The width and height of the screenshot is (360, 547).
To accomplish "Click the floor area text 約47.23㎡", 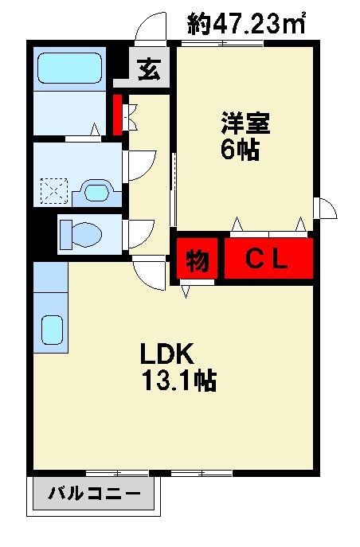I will [x=247, y=23].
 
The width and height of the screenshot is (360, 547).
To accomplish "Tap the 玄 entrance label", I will [x=149, y=69].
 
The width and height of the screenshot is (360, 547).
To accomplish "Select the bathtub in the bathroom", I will [x=70, y=67].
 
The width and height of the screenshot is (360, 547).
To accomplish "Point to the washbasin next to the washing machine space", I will [x=96, y=192].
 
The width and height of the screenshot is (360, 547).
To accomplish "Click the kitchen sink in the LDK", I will [x=52, y=328].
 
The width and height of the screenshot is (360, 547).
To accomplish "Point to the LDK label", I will [x=164, y=353].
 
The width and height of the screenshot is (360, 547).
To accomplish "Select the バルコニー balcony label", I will [x=94, y=494].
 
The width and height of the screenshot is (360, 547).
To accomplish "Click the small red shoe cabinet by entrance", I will [x=117, y=115].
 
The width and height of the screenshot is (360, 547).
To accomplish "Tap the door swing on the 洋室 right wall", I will [x=327, y=208].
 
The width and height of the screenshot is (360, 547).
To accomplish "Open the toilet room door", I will [x=139, y=232].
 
